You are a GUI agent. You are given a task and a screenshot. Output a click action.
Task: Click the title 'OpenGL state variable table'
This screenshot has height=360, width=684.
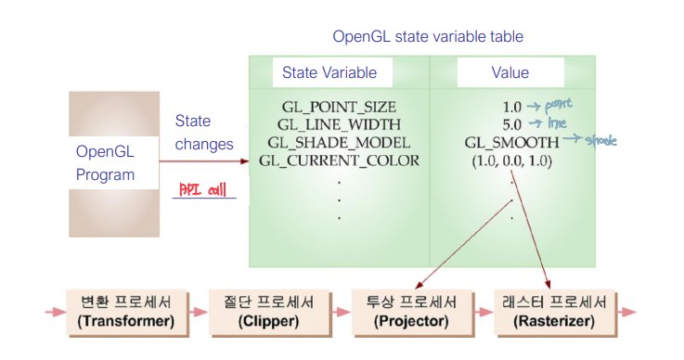(x=428, y=37)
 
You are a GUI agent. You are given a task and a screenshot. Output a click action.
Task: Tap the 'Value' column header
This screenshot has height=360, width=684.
(x=510, y=73)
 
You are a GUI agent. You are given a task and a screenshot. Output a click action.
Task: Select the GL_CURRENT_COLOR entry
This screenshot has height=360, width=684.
(x=339, y=160)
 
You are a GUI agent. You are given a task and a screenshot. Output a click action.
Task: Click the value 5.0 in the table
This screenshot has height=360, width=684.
(x=512, y=123)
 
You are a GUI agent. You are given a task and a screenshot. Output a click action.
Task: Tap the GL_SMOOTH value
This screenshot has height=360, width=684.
(x=512, y=142)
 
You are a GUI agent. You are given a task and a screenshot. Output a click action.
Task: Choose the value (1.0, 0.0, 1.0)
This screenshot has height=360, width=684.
(x=512, y=160)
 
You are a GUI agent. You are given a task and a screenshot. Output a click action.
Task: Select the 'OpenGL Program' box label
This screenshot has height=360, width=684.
(x=105, y=162)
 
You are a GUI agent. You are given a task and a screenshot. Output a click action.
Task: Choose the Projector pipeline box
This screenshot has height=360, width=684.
(x=412, y=311)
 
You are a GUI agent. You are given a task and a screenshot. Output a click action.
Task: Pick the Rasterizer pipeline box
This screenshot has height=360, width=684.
(x=555, y=311)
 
